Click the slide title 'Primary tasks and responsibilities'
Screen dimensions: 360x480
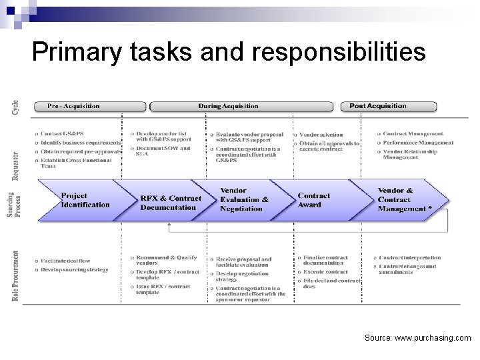tap(228, 52)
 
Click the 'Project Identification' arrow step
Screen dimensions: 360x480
tap(85, 200)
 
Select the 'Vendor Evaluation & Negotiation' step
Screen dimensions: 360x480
tap(245, 199)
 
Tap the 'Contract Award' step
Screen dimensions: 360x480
tap(314, 200)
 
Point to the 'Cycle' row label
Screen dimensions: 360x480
tap(15, 107)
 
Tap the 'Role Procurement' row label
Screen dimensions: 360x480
tap(15, 275)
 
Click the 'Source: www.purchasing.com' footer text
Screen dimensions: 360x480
tap(418, 338)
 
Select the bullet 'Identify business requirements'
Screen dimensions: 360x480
tap(80, 143)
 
